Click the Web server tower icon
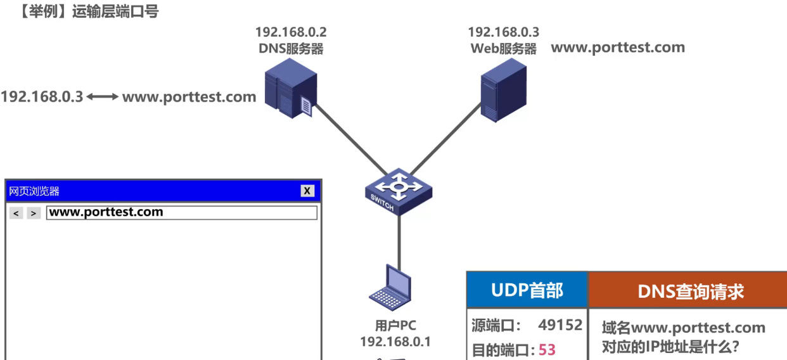tap(504, 94)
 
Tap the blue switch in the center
tap(398, 190)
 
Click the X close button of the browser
tap(307, 191)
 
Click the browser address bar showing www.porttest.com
tap(181, 212)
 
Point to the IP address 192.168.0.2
tap(291, 32)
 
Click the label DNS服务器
tap(291, 49)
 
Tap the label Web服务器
tap(503, 49)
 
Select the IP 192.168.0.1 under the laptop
tap(395, 342)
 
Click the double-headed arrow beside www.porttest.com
tap(102, 98)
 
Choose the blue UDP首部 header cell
tap(527, 290)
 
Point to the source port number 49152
tap(560, 325)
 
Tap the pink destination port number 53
tap(547, 349)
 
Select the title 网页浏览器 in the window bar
tap(34, 191)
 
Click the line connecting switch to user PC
tap(399, 238)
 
